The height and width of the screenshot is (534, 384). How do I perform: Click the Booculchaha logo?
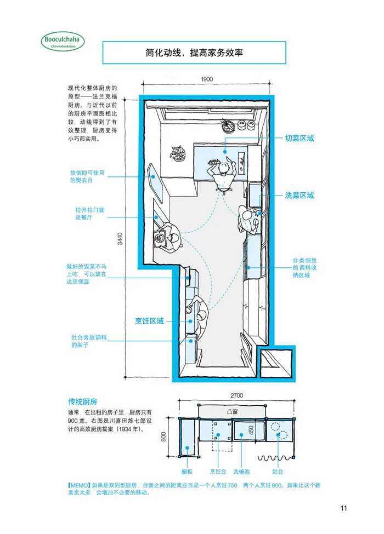tap(63, 42)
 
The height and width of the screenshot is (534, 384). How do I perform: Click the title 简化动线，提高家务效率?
tap(194, 53)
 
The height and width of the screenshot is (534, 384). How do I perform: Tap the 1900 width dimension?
tap(207, 79)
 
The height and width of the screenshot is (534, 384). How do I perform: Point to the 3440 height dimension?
tap(120, 238)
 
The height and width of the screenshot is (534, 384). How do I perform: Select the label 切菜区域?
tap(300, 138)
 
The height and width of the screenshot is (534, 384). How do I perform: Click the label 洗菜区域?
tap(300, 196)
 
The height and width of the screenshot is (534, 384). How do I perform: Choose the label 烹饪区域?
tap(149, 321)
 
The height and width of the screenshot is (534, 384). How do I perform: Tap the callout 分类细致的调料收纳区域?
tap(304, 268)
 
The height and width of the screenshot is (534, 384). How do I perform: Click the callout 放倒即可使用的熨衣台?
tap(87, 176)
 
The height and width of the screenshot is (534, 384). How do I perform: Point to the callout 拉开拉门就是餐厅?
tap(89, 214)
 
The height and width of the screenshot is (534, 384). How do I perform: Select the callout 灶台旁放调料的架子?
tap(89, 341)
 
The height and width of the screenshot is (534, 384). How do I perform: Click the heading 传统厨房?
tap(82, 401)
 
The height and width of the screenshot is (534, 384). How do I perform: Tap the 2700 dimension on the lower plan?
tap(236, 395)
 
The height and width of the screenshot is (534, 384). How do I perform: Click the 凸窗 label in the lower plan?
tap(232, 411)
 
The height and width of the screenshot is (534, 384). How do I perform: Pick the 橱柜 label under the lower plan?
tap(187, 472)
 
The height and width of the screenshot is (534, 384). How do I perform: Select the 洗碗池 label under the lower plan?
tap(241, 472)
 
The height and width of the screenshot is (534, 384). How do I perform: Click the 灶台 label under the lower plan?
tap(278, 472)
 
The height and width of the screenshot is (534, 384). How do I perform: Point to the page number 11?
tap(343, 508)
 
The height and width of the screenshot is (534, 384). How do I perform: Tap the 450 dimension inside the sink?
tap(251, 430)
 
